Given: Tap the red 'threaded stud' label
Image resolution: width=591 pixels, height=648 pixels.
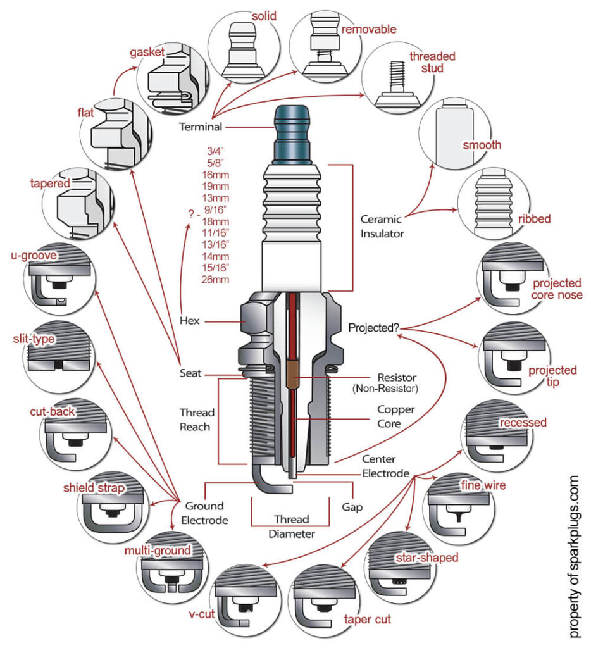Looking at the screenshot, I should [x=432, y=61].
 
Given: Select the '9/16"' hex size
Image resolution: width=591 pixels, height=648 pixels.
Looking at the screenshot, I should [x=217, y=208].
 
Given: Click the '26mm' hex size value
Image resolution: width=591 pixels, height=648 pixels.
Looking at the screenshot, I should [x=218, y=279].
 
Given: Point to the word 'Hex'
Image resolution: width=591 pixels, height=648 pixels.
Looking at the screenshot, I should [x=189, y=321].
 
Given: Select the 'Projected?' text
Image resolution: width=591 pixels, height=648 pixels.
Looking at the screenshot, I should [x=374, y=328].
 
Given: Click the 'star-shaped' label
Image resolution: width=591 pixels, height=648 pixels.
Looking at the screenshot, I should [x=426, y=558].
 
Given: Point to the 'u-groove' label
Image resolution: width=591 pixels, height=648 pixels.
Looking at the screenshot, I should [x=34, y=256].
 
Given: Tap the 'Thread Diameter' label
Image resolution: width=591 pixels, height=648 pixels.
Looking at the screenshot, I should [x=291, y=526].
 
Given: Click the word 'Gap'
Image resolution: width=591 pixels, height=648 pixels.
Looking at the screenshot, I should [x=352, y=508].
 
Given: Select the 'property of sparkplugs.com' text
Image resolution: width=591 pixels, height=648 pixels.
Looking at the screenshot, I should [x=574, y=557].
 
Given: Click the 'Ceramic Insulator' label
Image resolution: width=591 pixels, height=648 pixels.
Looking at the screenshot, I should [x=382, y=226].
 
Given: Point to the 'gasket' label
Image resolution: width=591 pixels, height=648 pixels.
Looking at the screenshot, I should [x=147, y=52].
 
